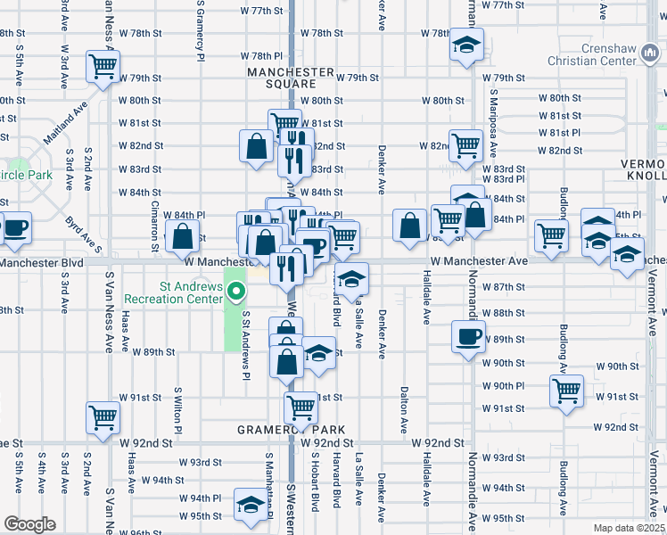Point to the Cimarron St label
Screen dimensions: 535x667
(154, 221)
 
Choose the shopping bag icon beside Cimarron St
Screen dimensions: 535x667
(182, 236)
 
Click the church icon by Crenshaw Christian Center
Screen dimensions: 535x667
(652, 56)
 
